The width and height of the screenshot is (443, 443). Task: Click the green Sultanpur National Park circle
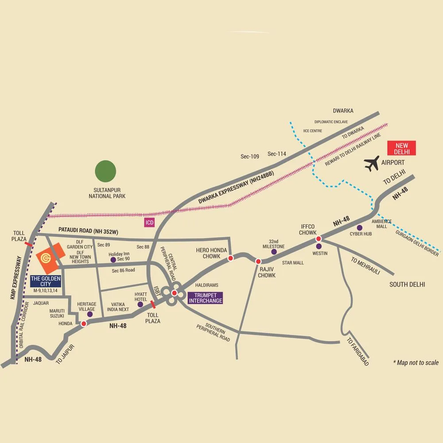point(106,171)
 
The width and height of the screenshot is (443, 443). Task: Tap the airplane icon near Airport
point(372,163)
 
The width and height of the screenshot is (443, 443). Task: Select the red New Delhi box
point(401,148)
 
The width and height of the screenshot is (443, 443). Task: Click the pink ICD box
point(149,222)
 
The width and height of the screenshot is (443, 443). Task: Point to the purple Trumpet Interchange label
point(205,298)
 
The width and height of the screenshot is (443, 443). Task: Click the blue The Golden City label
point(45,281)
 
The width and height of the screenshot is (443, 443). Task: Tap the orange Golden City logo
point(46,258)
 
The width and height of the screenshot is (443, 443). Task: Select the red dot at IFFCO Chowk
point(318,239)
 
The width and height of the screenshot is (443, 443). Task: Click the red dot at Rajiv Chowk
point(258,261)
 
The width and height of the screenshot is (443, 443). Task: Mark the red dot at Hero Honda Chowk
point(230,258)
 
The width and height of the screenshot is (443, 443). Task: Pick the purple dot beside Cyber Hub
point(366,228)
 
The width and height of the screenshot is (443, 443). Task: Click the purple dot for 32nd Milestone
point(274,252)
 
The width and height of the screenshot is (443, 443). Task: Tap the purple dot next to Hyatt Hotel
point(140,304)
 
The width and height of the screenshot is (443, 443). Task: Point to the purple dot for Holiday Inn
point(113,260)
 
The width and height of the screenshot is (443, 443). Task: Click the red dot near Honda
point(83,324)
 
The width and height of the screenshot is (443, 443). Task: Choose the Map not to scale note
point(416,362)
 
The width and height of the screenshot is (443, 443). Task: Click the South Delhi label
point(407,284)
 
